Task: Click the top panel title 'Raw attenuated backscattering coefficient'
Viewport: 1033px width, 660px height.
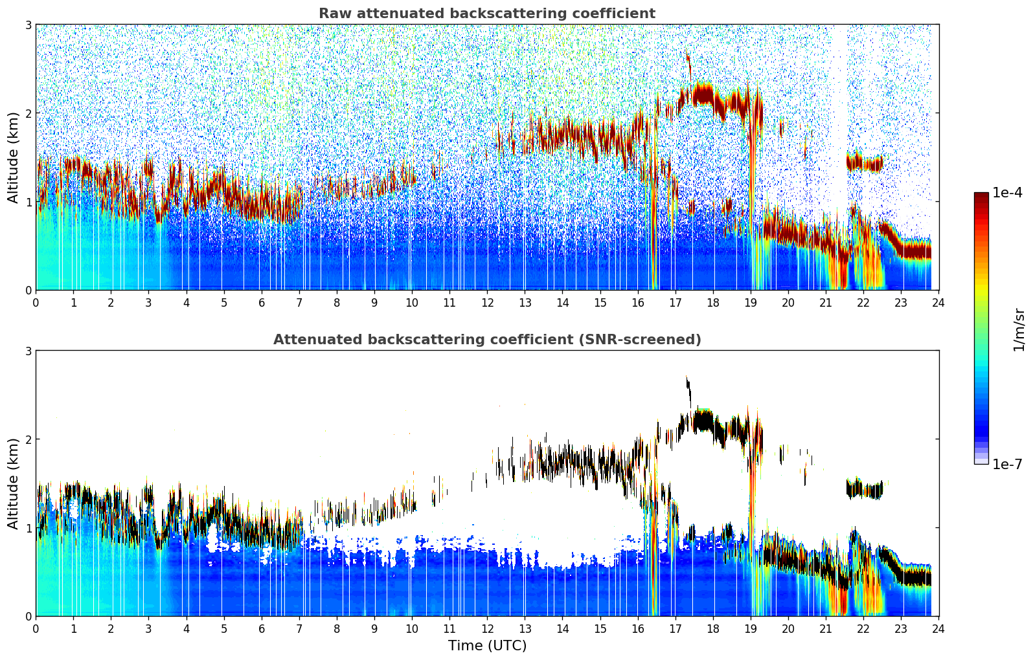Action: [x=486, y=14]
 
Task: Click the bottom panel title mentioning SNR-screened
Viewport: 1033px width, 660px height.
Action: [x=486, y=340]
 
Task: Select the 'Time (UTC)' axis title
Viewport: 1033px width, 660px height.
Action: [x=487, y=645]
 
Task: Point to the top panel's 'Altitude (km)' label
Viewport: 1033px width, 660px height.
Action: [x=13, y=157]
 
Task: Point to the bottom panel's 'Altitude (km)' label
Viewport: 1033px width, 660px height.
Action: [x=13, y=483]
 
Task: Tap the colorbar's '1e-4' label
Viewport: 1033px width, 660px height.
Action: [x=1007, y=193]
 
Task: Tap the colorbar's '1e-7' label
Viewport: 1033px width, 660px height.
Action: [x=1007, y=464]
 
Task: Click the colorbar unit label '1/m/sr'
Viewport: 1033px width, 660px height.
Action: [x=1019, y=329]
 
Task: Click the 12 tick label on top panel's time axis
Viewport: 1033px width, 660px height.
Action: [x=487, y=302]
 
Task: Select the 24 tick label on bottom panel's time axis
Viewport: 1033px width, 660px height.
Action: [x=938, y=628]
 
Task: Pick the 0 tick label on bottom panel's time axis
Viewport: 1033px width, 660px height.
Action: [x=36, y=628]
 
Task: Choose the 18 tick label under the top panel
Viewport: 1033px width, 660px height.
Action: [x=713, y=302]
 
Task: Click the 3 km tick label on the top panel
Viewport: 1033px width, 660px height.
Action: [x=28, y=25]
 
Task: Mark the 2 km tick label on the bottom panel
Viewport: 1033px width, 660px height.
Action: [x=28, y=439]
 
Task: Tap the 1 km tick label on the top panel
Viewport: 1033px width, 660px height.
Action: [x=28, y=202]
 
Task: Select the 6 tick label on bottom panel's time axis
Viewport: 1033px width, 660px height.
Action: [x=262, y=628]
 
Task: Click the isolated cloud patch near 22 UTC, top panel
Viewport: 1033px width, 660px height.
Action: [x=865, y=162]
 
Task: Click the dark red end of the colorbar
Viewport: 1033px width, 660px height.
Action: [x=981, y=197]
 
